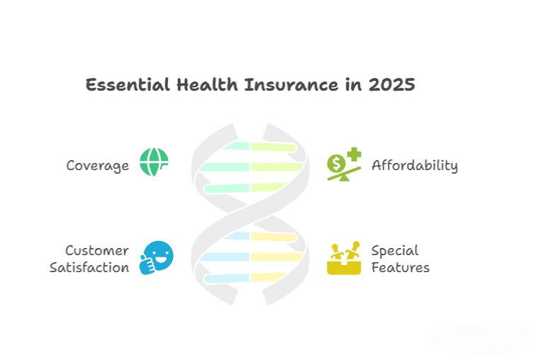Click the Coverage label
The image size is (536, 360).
98,166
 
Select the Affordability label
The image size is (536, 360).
415,166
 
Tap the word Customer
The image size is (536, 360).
97,251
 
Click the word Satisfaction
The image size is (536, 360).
89,268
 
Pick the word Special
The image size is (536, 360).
395,251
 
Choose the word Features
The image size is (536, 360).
401,268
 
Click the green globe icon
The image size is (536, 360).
154,162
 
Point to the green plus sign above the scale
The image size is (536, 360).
352,155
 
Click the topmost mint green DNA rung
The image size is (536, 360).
235,147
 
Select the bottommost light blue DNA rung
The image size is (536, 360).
227,279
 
